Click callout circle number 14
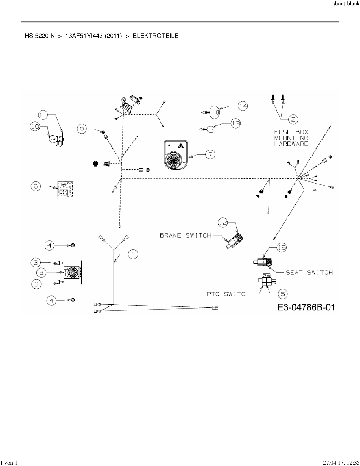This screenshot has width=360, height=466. [243, 106]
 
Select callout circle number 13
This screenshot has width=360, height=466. [235, 123]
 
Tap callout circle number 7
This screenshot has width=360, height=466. [210, 154]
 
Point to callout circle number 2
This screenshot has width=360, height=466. [293, 119]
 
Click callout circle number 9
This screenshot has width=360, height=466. [82, 129]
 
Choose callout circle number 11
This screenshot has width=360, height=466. [43, 115]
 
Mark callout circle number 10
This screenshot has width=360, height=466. [35, 127]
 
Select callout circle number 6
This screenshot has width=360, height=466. [36, 186]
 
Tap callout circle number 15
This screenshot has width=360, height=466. [282, 248]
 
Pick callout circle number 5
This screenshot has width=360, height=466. [283, 294]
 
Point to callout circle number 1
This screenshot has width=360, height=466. [133, 254]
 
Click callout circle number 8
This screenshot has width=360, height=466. [42, 273]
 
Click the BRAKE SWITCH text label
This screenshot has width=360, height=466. [186, 235]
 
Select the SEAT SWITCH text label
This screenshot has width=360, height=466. [309, 272]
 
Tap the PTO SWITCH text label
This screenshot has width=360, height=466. [228, 294]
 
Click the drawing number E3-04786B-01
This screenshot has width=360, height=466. [306, 307]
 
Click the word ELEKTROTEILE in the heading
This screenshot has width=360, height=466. [156, 36]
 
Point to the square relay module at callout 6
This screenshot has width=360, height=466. [65, 189]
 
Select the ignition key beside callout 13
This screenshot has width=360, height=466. [208, 130]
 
